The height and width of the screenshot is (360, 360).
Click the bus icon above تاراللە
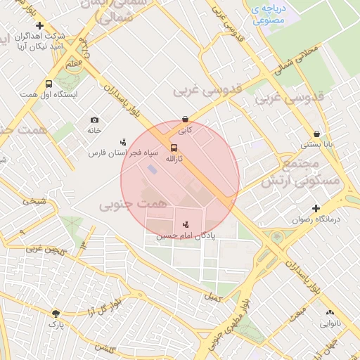coord(174,147)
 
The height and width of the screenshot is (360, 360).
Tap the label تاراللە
coord(173,159)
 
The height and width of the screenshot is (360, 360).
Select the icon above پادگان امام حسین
coord(186,224)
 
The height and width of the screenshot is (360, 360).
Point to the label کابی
coord(184,130)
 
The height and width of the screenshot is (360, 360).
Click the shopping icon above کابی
coord(184,119)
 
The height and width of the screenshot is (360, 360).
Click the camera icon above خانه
coord(95,120)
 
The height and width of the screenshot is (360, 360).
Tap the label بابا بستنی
coord(318,145)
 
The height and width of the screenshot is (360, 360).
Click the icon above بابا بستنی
coord(317,134)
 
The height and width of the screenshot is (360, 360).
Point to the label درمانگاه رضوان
coord(316,219)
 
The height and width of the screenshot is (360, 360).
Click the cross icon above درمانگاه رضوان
coord(316,208)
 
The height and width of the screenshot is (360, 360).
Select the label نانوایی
coord(330,324)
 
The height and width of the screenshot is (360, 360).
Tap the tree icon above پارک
coord(56,313)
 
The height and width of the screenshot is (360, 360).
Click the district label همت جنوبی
coord(134,204)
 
